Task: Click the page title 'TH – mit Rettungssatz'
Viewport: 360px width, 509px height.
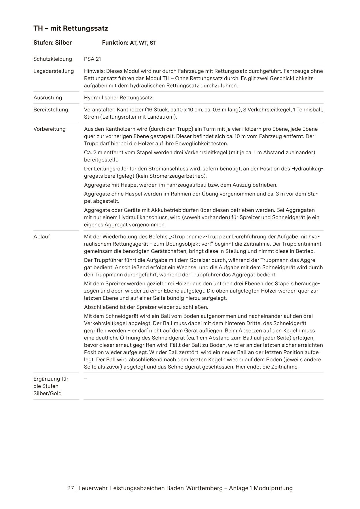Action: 71,29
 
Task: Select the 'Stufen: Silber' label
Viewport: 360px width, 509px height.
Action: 52,43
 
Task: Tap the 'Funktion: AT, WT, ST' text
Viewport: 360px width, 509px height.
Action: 129,43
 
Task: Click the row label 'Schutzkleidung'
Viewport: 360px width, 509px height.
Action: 53,59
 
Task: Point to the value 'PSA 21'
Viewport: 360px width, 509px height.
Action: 92,59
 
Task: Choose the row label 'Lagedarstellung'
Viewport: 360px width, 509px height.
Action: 54,71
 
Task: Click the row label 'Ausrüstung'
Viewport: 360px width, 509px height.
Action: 48,98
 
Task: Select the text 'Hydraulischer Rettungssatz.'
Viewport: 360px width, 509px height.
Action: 119,98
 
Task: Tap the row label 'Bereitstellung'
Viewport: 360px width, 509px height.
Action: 51,110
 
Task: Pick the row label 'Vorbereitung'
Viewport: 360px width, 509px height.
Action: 50,129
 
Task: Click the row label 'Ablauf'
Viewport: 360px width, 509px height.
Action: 41,237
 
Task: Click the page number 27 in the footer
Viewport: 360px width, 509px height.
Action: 70,488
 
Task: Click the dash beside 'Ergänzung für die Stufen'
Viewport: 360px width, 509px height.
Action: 86,379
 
